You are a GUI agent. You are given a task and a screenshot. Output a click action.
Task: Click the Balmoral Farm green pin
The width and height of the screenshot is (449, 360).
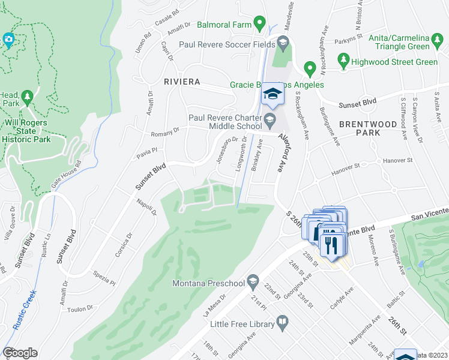point(259,24)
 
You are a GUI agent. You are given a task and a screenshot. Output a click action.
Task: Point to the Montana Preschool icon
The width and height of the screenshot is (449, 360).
point(253,283)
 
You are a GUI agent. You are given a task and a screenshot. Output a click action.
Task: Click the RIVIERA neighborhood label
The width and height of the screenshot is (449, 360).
point(178,81)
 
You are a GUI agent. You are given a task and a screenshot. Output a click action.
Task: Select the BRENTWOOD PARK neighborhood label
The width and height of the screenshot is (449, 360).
point(360,128)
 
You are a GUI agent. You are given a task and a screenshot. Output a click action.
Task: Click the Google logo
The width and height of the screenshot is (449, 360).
point(20,353)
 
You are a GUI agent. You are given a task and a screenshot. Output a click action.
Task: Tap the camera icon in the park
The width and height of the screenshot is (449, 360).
point(8,41)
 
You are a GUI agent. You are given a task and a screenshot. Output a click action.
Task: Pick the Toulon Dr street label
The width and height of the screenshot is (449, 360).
point(81,309)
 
